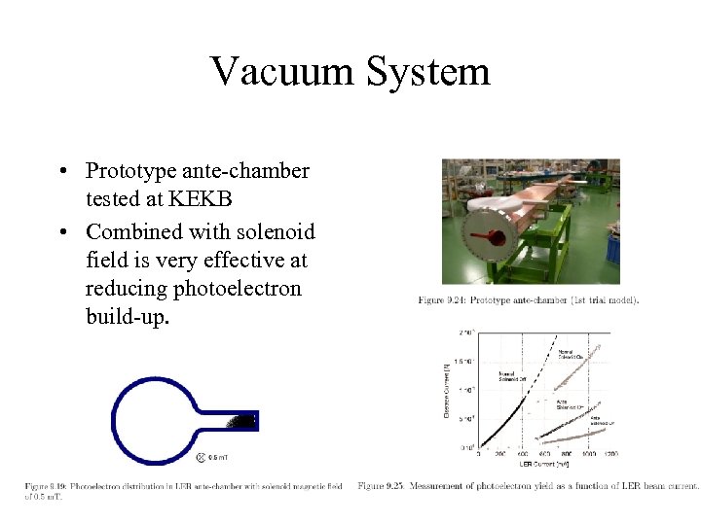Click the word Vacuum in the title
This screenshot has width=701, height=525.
[x=281, y=71]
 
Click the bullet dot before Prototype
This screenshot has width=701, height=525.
[x=61, y=173]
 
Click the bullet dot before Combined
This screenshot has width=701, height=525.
[x=61, y=233]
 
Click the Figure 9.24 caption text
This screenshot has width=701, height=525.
[x=529, y=300]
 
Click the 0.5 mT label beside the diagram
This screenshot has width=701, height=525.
[x=218, y=457]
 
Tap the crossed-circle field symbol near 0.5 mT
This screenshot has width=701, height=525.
[x=201, y=457]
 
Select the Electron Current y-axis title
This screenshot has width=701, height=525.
[x=447, y=389]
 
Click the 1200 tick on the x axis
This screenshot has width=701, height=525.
[x=610, y=453]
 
